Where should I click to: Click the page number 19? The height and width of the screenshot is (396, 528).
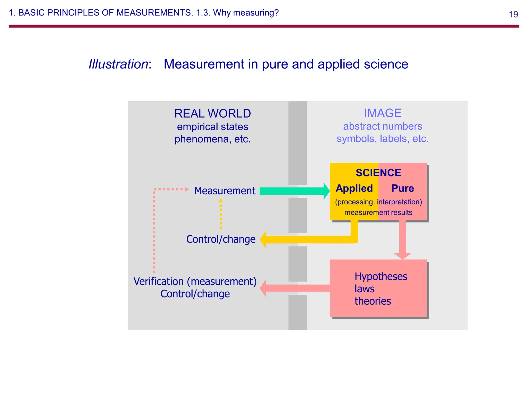(513, 14)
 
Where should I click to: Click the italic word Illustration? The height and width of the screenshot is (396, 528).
(118, 64)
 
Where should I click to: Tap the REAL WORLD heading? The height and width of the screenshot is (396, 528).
(212, 114)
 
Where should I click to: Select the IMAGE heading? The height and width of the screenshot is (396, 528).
(383, 113)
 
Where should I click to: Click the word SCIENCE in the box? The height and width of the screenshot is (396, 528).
(378, 173)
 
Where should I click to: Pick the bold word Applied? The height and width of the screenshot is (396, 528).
(354, 188)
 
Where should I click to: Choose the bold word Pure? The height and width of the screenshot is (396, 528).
(402, 188)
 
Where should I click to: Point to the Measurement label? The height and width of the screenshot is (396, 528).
(225, 191)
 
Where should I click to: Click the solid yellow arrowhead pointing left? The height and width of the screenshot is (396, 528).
(263, 240)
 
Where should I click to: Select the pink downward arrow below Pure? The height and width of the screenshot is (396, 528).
(402, 240)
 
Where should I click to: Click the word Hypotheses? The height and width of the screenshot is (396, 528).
(381, 277)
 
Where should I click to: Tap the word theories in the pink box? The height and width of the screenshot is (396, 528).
(373, 301)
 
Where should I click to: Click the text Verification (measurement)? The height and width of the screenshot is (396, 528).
(195, 282)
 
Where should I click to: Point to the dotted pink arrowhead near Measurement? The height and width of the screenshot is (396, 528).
(187, 189)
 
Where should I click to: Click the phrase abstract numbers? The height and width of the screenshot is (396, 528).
(383, 126)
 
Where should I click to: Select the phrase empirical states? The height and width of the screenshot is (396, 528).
(212, 127)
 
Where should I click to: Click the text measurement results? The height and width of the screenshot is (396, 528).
(378, 212)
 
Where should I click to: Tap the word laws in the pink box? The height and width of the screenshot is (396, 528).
(364, 289)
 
